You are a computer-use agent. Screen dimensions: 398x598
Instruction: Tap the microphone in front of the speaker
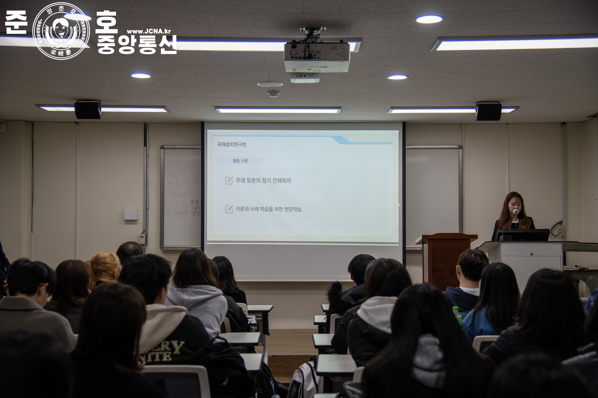click(x=515, y=211)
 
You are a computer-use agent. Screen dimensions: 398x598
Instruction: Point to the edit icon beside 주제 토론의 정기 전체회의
click(x=229, y=181)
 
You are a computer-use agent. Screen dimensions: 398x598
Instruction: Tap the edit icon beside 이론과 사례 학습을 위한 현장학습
click(x=229, y=209)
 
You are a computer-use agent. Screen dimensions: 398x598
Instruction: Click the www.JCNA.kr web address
click(x=149, y=31)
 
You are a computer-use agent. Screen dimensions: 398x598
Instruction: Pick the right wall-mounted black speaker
click(x=488, y=111)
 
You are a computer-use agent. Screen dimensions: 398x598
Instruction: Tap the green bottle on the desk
click(x=457, y=315)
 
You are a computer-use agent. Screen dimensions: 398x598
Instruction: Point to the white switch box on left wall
click(x=131, y=215)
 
